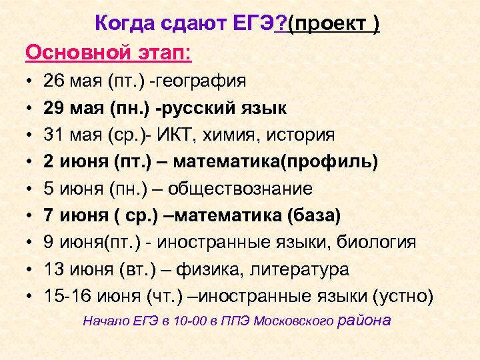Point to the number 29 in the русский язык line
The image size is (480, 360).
[x=53, y=108]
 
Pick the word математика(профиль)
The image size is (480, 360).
[x=281, y=162]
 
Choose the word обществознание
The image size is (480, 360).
[x=240, y=189]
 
